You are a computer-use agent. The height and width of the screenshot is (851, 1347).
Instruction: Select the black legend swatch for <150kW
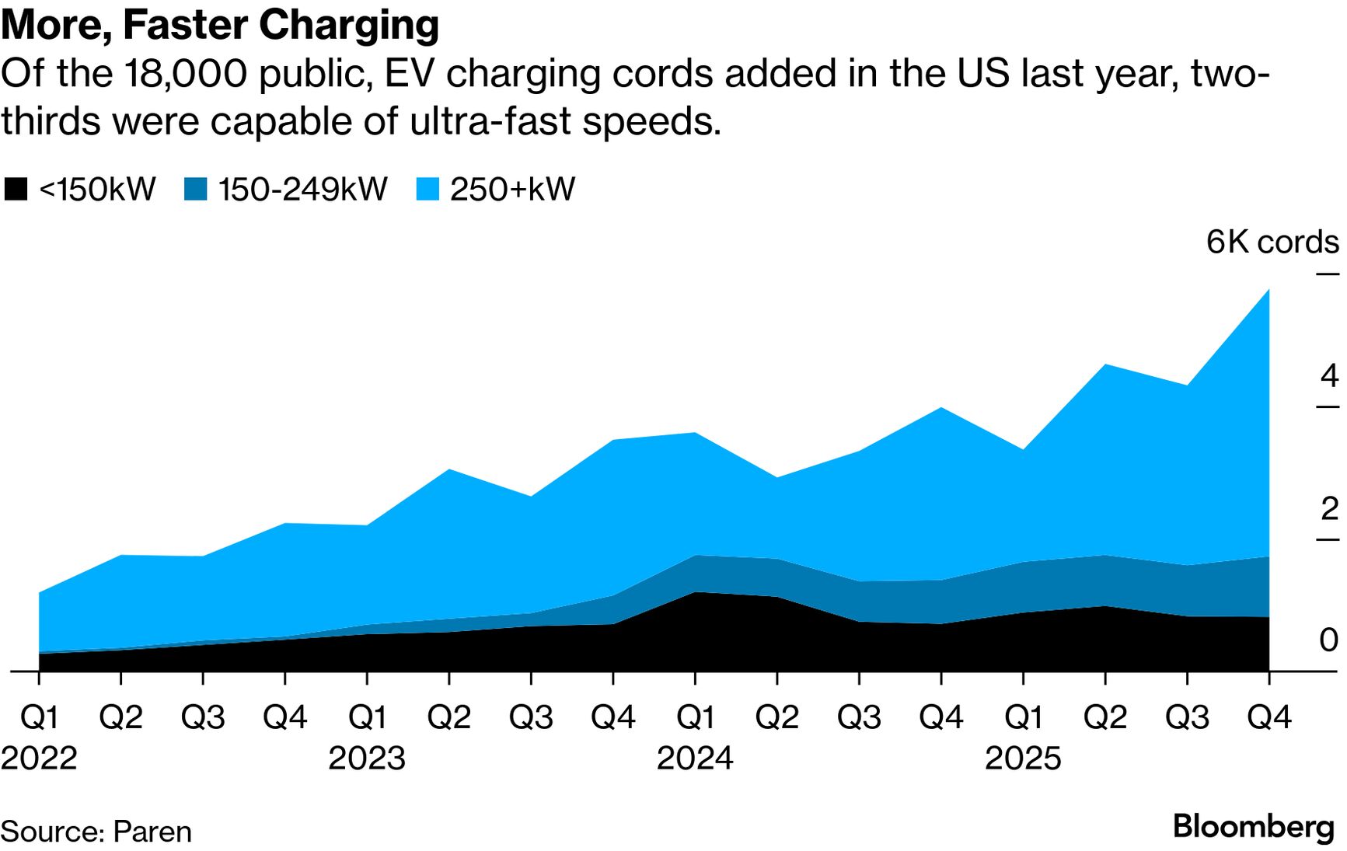(16, 190)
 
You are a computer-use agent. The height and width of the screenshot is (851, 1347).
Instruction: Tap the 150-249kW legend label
(302, 190)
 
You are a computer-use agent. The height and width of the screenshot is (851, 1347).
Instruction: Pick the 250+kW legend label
(512, 190)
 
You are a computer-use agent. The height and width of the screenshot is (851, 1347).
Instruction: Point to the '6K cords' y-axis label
(1272, 242)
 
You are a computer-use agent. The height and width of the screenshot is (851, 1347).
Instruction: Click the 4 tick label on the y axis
(1329, 376)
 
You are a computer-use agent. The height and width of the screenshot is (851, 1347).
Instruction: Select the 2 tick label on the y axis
(1329, 509)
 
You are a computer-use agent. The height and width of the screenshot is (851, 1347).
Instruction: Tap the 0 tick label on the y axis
(1329, 640)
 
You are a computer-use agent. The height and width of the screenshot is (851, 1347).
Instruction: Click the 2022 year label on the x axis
(39, 758)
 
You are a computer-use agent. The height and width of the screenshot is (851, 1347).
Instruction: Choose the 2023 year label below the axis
(367, 758)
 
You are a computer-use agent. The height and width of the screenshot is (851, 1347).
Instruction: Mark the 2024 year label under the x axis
(695, 758)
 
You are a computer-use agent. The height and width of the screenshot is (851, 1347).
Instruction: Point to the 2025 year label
(1023, 758)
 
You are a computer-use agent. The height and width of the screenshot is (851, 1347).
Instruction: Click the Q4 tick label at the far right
(1268, 717)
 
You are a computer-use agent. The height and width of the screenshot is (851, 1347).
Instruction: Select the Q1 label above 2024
(695, 717)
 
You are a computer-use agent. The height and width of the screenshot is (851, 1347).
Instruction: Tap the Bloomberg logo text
(1253, 826)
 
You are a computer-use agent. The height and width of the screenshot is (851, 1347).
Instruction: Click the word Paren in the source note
(152, 832)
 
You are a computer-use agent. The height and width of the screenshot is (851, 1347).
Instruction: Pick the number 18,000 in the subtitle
(183, 74)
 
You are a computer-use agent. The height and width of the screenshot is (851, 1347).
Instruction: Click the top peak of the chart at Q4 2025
(1268, 291)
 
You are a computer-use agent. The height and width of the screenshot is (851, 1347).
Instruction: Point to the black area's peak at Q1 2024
(695, 593)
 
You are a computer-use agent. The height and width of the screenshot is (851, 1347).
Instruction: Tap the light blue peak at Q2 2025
(1105, 365)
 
